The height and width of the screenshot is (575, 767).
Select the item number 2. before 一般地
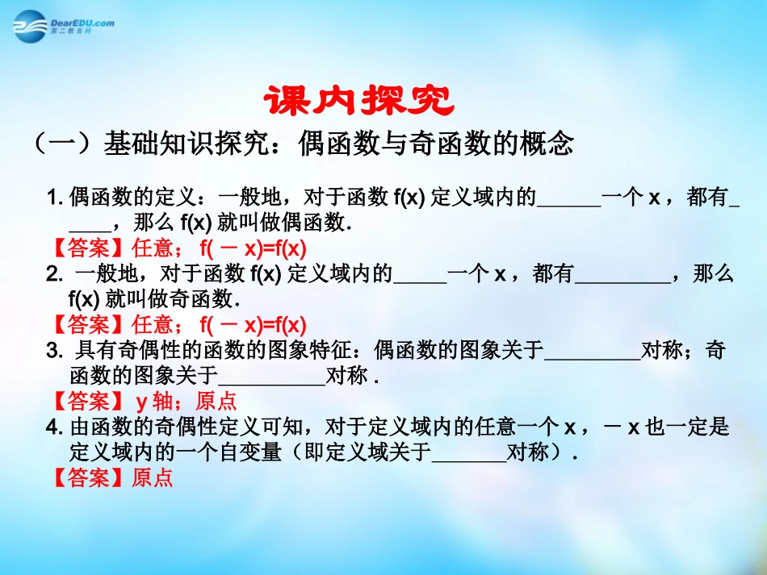point(55,275)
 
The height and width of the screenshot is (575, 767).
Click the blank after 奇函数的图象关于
point(271,376)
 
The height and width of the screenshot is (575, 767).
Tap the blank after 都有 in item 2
point(622,275)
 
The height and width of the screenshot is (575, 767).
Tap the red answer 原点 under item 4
point(153,478)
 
